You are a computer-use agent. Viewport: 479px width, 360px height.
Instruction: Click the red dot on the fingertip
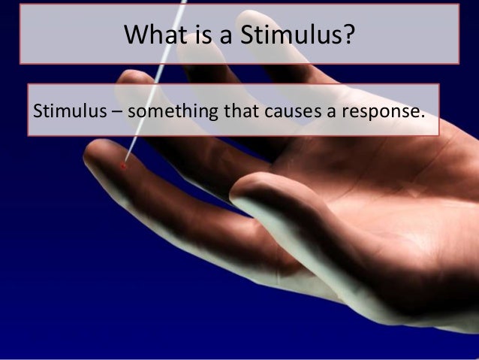tap(124, 165)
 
